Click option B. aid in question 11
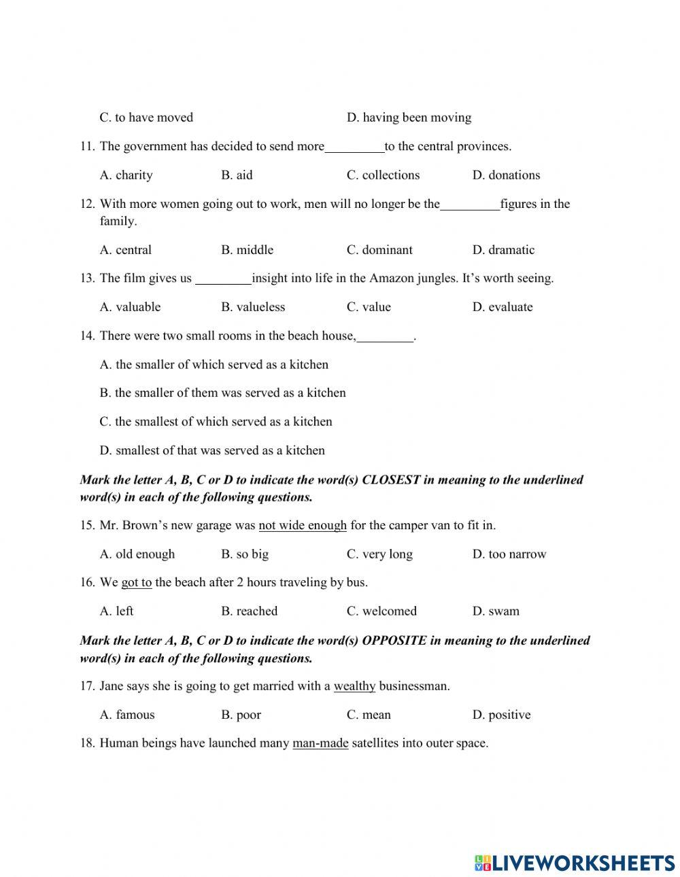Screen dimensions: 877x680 [x=237, y=175]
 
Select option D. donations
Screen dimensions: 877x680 [x=506, y=175]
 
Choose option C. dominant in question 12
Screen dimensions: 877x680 [x=379, y=250]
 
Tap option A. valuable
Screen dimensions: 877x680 [x=130, y=307]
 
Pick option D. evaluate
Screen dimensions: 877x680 [x=503, y=307]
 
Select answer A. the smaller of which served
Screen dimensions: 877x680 [x=214, y=365]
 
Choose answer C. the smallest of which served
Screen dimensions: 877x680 [x=216, y=422]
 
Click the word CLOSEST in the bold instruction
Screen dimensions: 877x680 [x=391, y=480]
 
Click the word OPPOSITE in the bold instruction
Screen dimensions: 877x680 [x=394, y=641]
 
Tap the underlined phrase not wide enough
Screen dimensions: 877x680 [x=303, y=525]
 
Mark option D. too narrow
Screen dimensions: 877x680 [x=509, y=554]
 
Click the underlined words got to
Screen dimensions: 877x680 [x=136, y=582]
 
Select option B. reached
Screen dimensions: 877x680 [x=249, y=611]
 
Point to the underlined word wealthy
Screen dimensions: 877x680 [x=354, y=686]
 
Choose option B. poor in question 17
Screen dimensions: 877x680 [x=241, y=715]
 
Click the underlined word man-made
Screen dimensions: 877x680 [x=320, y=743]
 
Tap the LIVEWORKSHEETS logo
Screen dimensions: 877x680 [x=575, y=863]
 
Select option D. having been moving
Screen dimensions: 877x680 [x=409, y=118]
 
